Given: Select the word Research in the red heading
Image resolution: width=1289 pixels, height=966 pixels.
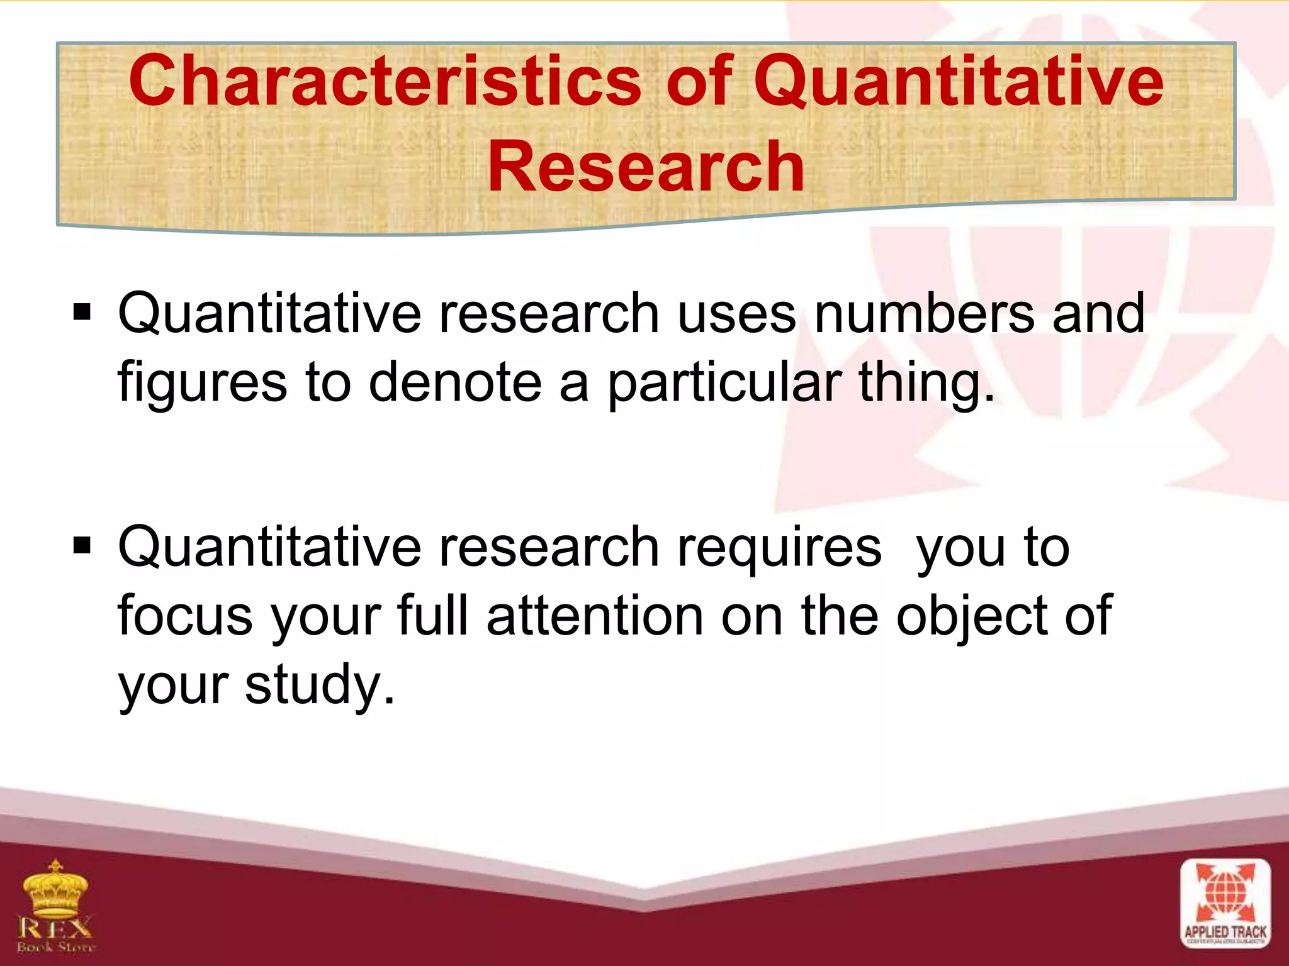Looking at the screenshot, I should [x=646, y=166].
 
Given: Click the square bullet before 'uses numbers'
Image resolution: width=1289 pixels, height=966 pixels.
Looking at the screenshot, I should [x=82, y=312].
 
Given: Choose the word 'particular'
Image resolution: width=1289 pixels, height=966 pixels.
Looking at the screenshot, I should [x=724, y=384].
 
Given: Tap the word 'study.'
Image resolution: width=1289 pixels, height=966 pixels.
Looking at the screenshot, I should [x=320, y=686].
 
